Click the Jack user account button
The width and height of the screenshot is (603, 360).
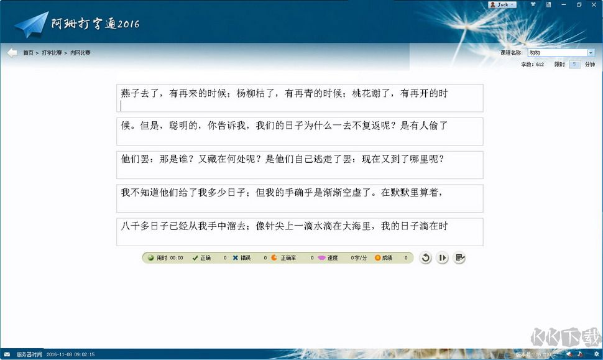[502, 4]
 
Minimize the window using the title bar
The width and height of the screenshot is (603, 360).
[563, 4]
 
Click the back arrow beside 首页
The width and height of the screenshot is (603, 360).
[12, 53]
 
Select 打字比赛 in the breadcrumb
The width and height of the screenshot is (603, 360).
[52, 53]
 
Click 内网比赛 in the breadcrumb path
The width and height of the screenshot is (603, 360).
[80, 53]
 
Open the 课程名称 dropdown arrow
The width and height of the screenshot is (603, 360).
[591, 53]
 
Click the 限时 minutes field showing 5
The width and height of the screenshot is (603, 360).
[574, 64]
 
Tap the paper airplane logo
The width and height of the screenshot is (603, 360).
[31, 25]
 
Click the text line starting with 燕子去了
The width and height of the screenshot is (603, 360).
[284, 94]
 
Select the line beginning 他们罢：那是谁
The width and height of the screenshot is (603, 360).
[282, 159]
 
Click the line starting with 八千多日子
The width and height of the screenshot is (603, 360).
[284, 226]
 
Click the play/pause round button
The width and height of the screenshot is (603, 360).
[442, 258]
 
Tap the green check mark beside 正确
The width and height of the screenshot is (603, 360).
[195, 257]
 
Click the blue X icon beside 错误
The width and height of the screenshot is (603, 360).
[235, 257]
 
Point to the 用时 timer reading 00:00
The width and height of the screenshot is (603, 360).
[177, 257]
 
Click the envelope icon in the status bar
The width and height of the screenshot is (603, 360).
[7, 354]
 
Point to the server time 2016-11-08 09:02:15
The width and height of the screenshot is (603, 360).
[70, 354]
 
